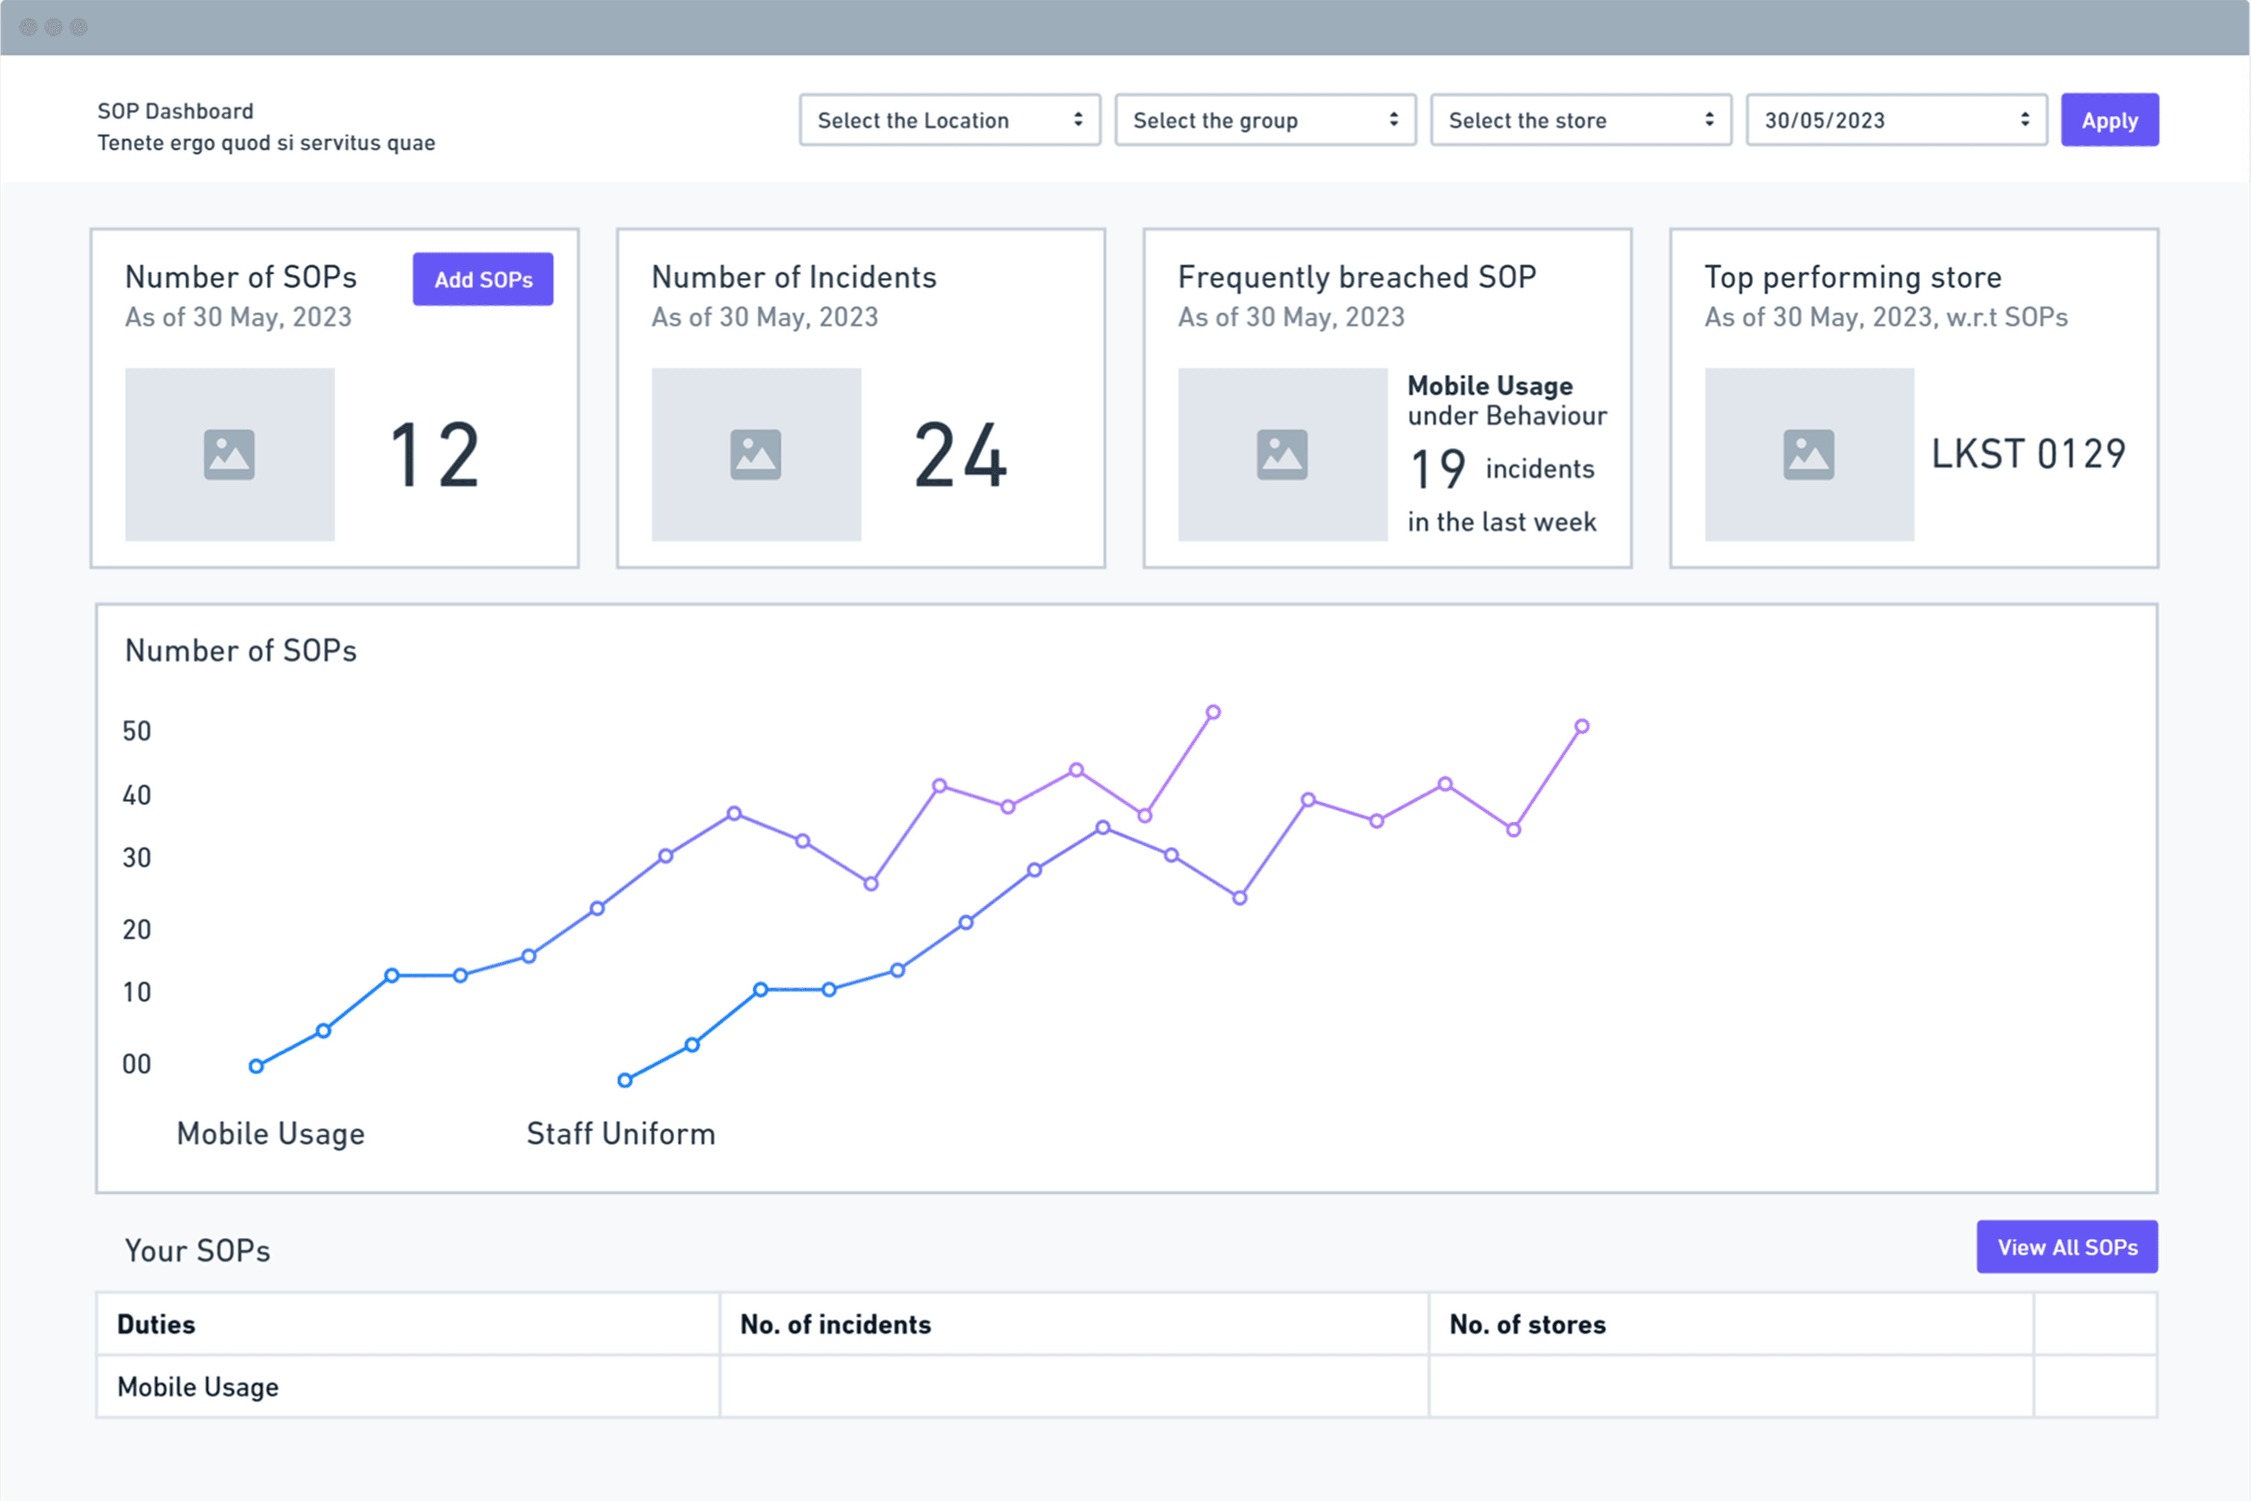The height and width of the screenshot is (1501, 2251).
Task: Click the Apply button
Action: [x=2109, y=120]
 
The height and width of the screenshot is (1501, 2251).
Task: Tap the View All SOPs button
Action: [x=2067, y=1247]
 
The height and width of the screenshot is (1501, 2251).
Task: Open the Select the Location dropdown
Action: [x=950, y=120]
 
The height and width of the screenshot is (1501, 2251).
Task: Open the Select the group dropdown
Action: [x=1265, y=120]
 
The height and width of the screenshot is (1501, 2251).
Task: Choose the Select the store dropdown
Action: [x=1581, y=120]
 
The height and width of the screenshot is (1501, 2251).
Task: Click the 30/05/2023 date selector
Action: [x=1897, y=120]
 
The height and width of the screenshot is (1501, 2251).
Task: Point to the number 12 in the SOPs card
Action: [x=435, y=456]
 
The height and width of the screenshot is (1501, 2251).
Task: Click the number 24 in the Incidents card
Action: [x=961, y=456]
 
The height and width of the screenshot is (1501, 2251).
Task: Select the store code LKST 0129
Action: [x=2028, y=454]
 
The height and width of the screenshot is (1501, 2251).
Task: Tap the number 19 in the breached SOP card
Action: [x=1438, y=469]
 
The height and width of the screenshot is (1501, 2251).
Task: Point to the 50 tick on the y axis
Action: [x=137, y=732]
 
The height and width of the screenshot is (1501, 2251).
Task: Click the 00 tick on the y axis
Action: [x=137, y=1064]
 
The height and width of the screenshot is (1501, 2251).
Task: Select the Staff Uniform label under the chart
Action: [x=621, y=1133]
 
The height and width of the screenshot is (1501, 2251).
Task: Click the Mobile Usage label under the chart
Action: [x=271, y=1133]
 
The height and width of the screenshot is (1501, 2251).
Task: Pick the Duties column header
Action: [x=156, y=1324]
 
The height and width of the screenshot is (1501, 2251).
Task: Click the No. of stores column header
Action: [x=1527, y=1324]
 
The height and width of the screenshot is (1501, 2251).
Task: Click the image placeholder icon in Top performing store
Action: [x=1809, y=455]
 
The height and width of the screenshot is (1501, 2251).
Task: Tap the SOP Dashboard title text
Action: [x=175, y=111]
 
